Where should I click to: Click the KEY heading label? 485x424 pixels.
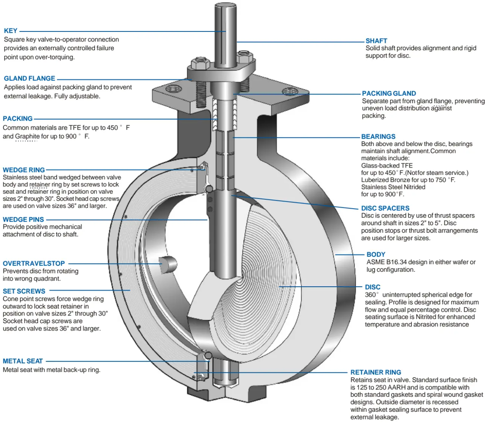click(x=11, y=31)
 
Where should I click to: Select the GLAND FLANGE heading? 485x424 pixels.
click(x=29, y=78)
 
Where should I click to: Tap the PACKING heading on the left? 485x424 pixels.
click(x=18, y=118)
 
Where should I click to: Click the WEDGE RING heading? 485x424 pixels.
click(x=24, y=170)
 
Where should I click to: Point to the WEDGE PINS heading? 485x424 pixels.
click(x=23, y=220)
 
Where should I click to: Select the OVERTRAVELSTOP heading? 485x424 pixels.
click(x=34, y=263)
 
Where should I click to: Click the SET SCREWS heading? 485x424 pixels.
click(x=24, y=291)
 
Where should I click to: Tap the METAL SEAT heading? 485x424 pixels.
click(x=23, y=361)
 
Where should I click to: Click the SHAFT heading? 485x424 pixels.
click(x=376, y=41)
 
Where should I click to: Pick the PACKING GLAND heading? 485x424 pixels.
click(x=389, y=93)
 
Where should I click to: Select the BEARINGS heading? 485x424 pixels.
click(x=378, y=136)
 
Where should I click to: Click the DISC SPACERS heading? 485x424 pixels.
click(x=385, y=208)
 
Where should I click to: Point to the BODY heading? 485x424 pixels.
click(x=376, y=255)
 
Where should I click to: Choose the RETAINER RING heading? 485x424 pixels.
click(x=375, y=372)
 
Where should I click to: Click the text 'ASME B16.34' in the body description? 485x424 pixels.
click(x=385, y=262)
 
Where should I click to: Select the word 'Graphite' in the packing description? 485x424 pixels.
click(x=27, y=136)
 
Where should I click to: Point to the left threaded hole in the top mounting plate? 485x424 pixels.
click(x=173, y=89)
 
